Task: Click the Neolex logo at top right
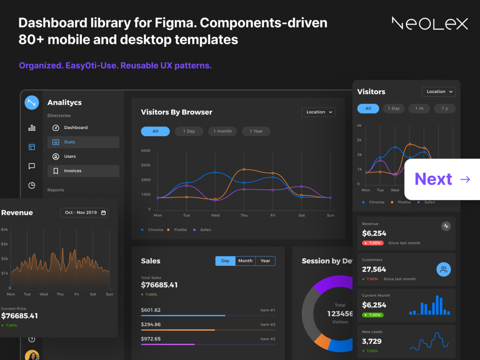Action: click(x=429, y=23)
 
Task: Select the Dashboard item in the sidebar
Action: click(x=75, y=127)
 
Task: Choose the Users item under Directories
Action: click(x=70, y=157)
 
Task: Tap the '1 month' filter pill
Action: click(x=222, y=131)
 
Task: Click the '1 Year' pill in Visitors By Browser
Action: click(x=256, y=131)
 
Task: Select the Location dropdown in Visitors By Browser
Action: click(x=318, y=112)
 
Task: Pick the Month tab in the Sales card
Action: click(x=245, y=261)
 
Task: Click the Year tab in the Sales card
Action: click(x=265, y=261)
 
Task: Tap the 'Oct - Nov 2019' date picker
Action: click(x=84, y=212)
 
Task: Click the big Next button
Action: click(x=442, y=179)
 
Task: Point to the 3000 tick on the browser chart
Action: click(x=146, y=165)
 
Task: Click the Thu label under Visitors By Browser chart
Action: click(x=244, y=215)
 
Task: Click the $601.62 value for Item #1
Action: click(x=151, y=310)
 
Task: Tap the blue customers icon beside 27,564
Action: click(x=444, y=270)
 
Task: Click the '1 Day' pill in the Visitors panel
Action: click(x=394, y=108)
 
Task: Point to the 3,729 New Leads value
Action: click(x=372, y=341)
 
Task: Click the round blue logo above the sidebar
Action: click(x=32, y=102)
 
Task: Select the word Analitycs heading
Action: click(x=64, y=103)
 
